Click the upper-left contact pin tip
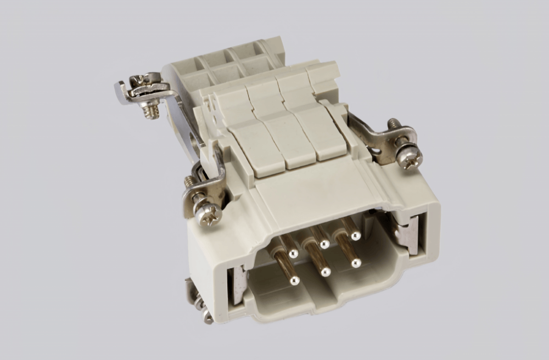tap(293, 254)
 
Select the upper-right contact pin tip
tap(356, 236)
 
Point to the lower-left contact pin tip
tap(295, 281)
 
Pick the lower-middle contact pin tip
tap(326, 271)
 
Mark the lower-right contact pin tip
tap(356, 263)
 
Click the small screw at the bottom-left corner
tap(205, 315)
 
